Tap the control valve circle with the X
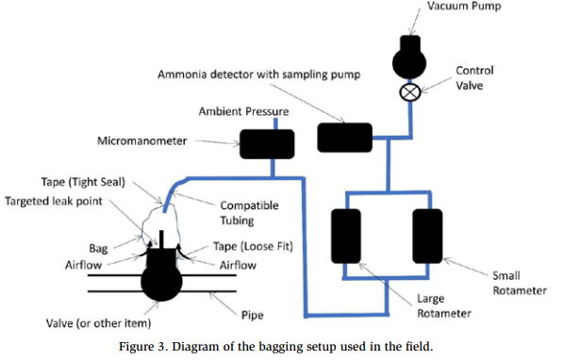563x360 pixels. pos(409,91)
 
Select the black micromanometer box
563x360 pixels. pos(267,144)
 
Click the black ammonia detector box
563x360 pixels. pos(345,138)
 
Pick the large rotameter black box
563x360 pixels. pos(346,237)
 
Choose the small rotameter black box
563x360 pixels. pos(427,237)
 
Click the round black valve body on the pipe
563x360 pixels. pos(161,282)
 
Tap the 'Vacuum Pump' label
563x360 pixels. pos(464,6)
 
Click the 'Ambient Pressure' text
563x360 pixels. pos(244,111)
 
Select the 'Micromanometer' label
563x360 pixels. pos(141,140)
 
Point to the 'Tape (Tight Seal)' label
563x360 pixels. pos(83,182)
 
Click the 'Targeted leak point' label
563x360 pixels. pos(54,201)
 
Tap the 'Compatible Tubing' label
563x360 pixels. pos(250,212)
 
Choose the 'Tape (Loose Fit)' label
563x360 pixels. pos(253,246)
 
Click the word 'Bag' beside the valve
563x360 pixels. pos(98,249)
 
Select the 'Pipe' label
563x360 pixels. pos(253,315)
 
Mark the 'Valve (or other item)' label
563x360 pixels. pos(98,323)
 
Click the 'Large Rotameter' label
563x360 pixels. pos(444,305)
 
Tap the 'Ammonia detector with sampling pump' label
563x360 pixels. pos(259,74)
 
